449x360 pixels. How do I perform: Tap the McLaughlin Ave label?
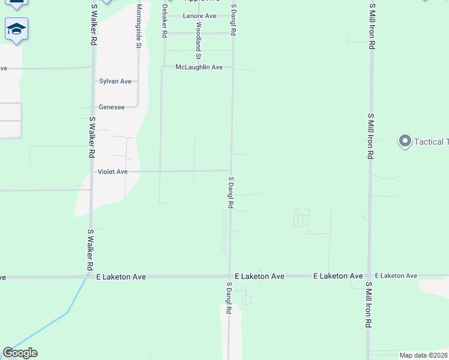(199, 68)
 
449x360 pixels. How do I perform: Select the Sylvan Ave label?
(115, 81)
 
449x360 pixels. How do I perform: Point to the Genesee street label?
(112, 107)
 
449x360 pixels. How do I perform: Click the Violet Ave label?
(113, 172)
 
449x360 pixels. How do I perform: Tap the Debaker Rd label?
(163, 22)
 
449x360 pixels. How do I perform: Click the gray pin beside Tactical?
(405, 142)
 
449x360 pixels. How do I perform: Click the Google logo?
(20, 353)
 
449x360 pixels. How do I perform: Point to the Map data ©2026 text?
(423, 355)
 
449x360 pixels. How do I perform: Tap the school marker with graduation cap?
(17, 29)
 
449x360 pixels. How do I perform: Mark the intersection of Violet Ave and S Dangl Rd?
(232, 170)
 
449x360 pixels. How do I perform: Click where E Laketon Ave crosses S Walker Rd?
(90, 277)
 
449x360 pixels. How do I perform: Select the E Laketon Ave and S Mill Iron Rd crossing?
(369, 277)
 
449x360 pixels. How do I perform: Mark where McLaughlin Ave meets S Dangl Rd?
(233, 68)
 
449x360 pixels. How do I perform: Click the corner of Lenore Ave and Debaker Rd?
(164, 16)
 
